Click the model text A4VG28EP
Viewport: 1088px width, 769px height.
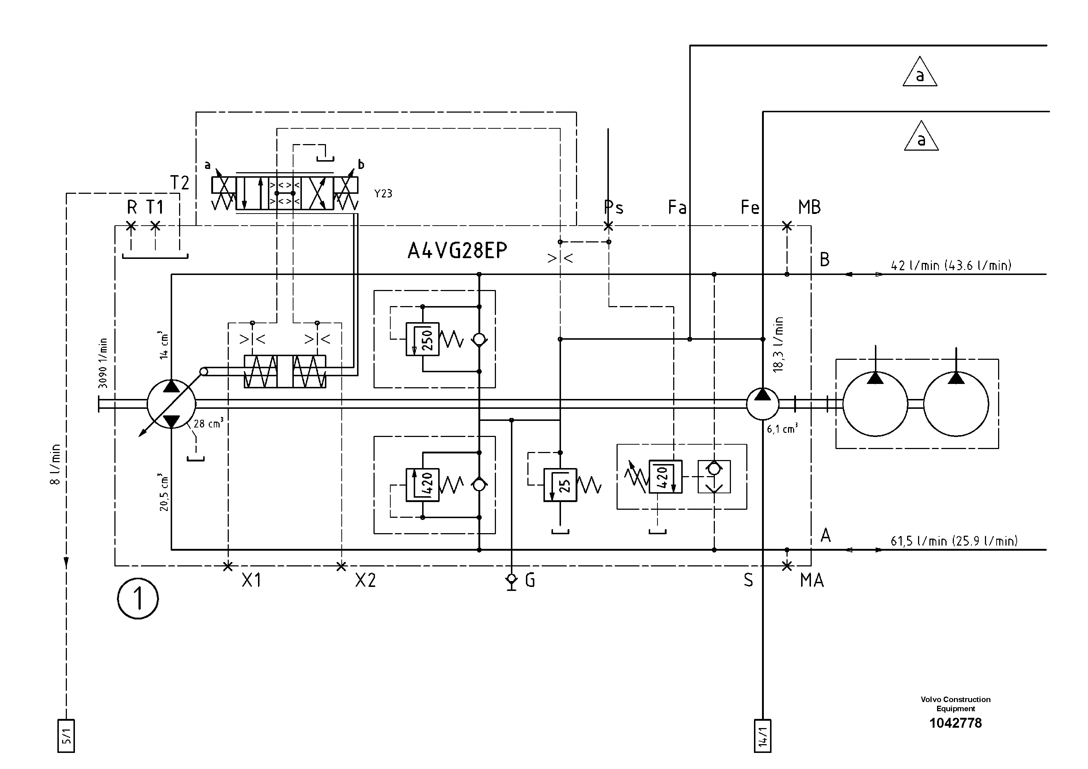click(x=457, y=250)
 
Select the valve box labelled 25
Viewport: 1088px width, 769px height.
click(x=560, y=485)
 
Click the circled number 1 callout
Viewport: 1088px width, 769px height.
click(x=138, y=598)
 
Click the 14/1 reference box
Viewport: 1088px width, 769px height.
click(x=762, y=736)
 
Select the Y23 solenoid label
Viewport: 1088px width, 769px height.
click(x=383, y=193)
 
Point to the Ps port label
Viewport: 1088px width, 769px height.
click(x=614, y=207)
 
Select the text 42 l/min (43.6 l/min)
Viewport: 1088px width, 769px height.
click(x=951, y=265)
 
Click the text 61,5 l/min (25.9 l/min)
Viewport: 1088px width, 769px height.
click(x=954, y=541)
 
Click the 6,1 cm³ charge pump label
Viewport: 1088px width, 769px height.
click(x=782, y=429)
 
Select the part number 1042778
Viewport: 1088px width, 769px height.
click(x=955, y=723)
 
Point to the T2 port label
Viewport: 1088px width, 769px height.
click(x=179, y=182)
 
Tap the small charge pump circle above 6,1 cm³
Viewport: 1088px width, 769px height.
click(x=762, y=403)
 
